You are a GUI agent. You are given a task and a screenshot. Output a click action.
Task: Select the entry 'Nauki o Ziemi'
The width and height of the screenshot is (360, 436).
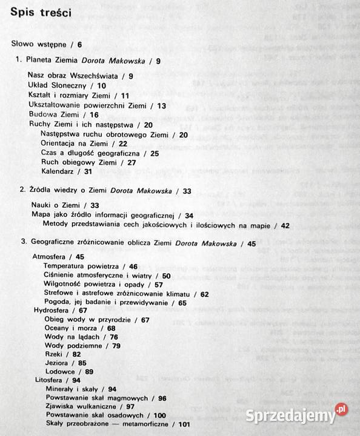tap(55, 205)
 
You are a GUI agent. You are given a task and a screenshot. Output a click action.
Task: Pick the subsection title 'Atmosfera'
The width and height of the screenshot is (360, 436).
tap(48, 256)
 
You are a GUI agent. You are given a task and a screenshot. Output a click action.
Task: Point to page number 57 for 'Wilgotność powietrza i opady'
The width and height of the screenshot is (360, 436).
tap(159, 285)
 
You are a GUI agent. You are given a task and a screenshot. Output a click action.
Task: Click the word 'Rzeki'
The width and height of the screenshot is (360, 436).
tap(54, 353)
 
